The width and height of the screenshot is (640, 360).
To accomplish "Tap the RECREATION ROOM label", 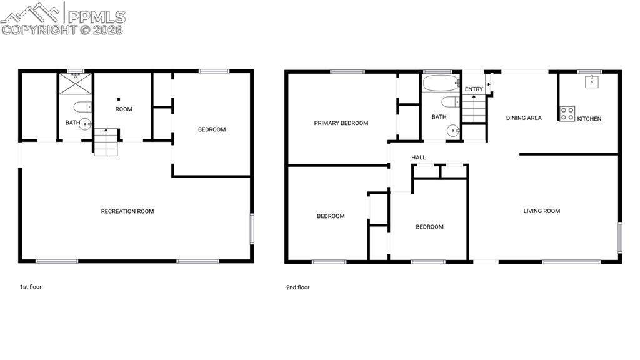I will pos(127,211).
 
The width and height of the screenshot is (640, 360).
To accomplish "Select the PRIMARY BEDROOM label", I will pos(341,123).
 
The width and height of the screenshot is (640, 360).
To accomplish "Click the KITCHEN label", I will pos(589,118).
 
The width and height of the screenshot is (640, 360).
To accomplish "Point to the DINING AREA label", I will pos(524,117).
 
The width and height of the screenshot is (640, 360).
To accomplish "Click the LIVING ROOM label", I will pos(542,211).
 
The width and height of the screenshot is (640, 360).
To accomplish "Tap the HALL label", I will pos(419,157).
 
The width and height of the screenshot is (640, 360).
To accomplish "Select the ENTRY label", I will pos(474,89).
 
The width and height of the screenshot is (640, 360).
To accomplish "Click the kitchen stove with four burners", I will pos(567,114).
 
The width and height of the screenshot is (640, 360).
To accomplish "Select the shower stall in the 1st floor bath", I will pos(76,84).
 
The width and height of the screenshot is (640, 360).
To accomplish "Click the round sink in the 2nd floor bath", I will pos(453,131).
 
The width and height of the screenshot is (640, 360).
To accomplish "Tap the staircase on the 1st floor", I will pos(106,142).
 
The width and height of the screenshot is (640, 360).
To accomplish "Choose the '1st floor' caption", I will pos(31,287).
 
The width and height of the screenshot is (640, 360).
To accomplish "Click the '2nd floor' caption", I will pos(297,287).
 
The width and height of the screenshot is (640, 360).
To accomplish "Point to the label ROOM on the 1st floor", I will pos(124,109).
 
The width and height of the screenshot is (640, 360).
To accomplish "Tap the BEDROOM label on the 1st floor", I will pos(212,129).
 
